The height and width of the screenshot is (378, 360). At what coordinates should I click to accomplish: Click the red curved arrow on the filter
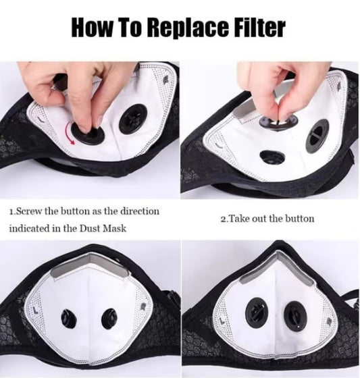coord(70,133)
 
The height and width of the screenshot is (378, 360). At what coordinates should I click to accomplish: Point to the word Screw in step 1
coord(30,211)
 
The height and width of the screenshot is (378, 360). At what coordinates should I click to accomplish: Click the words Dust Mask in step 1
coord(103,228)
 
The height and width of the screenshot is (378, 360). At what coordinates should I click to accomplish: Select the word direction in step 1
coord(140,211)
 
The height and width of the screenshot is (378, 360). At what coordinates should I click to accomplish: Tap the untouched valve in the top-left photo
coord(133,119)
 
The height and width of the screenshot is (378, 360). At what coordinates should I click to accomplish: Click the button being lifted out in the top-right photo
coord(278,121)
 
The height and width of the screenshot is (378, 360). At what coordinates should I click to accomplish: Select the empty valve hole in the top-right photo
coord(273,157)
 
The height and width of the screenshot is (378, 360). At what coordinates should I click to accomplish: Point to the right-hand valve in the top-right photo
coord(317,135)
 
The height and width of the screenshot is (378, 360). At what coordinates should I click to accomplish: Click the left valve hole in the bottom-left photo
coord(69,319)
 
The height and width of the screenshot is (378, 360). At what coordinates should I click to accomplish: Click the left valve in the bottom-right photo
coord(256,313)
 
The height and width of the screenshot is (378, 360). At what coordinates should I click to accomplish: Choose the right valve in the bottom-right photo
coord(295,317)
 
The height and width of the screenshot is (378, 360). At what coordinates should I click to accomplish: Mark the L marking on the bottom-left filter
coord(36,310)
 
